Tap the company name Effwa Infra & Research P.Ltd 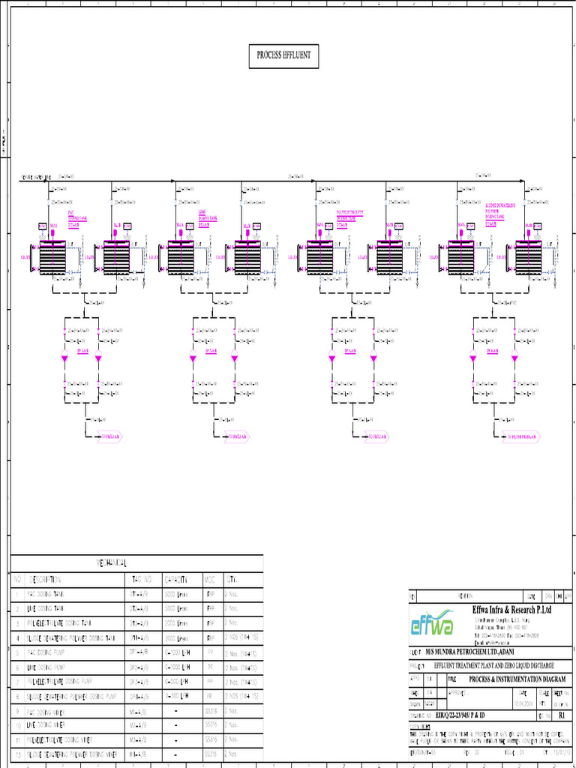512,610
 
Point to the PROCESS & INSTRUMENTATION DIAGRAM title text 517,679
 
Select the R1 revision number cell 561,716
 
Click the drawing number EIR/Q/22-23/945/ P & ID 465,716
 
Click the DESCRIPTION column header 51,579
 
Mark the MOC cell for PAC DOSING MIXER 212,710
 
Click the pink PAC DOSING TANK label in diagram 77,217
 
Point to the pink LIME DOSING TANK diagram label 208,217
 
